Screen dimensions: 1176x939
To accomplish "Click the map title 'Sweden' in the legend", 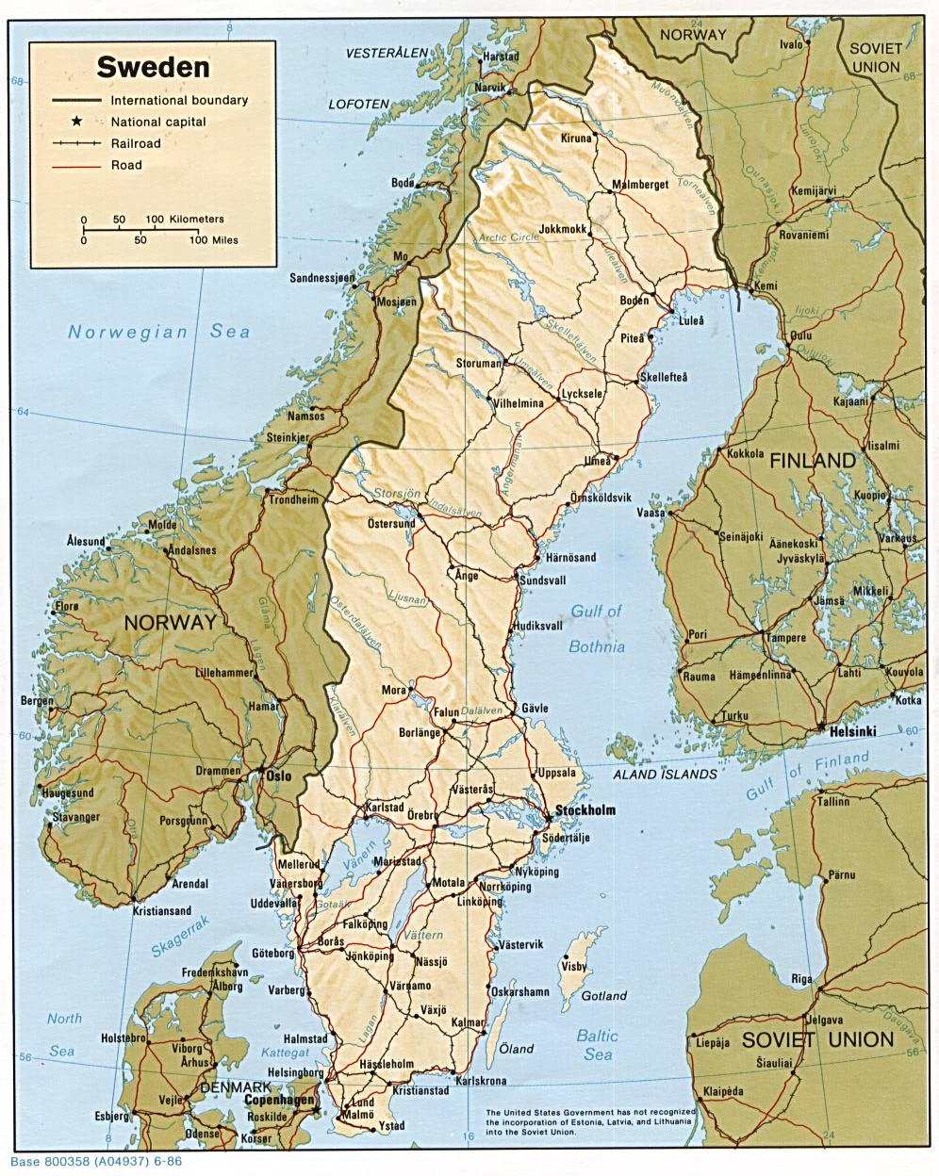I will tap(154, 67).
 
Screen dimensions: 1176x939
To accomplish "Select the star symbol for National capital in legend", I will tap(75, 122).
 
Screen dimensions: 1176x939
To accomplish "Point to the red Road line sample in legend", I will tap(76, 165).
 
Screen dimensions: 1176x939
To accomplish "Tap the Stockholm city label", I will tap(585, 810).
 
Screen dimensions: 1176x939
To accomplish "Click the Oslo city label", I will tap(278, 776).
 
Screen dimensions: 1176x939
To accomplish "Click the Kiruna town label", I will tap(576, 139).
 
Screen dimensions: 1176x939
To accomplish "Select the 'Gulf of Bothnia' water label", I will tap(596, 629).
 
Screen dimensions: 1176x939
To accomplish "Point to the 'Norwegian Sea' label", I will tap(158, 332).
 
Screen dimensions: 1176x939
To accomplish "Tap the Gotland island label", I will tap(603, 995).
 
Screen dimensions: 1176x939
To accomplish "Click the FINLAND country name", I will tap(813, 461).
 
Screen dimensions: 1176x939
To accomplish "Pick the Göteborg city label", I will tap(273, 953).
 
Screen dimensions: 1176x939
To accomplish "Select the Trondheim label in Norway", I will tap(294, 500).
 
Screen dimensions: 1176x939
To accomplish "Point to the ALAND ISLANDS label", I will tap(666, 774).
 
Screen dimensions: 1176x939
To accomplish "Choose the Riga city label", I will tap(801, 979).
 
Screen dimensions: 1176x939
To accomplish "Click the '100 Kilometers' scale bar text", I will tap(185, 219).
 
